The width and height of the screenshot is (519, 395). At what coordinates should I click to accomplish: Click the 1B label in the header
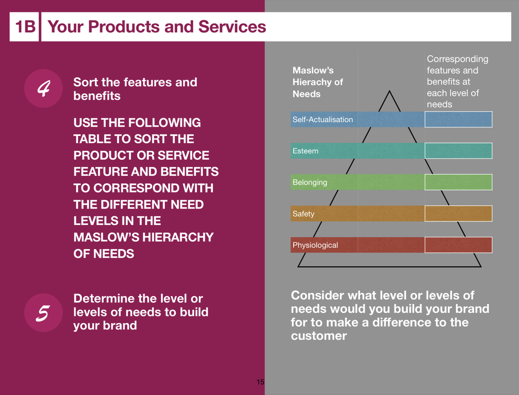click(x=25, y=27)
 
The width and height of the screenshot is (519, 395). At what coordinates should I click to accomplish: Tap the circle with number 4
click(x=43, y=88)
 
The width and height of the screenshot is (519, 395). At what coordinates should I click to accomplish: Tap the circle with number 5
click(x=43, y=312)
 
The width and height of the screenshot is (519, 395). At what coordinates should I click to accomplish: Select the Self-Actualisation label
click(x=323, y=119)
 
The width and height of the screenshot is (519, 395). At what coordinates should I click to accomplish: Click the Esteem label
click(x=306, y=151)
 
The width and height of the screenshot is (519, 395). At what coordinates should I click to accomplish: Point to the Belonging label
click(x=310, y=183)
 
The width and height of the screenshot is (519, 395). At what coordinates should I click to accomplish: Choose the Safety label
click(x=304, y=214)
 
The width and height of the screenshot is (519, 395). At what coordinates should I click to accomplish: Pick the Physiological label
click(x=315, y=245)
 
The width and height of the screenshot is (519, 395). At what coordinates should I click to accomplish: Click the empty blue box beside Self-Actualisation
click(x=459, y=119)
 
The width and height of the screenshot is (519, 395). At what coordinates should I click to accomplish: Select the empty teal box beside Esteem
click(x=459, y=151)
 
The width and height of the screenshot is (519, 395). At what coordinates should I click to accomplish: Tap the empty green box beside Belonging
click(x=459, y=182)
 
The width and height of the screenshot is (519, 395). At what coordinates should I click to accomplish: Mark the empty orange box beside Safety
click(x=459, y=214)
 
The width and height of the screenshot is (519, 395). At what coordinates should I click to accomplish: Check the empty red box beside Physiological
click(x=459, y=245)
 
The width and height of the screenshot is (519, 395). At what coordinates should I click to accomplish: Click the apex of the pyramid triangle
click(x=389, y=90)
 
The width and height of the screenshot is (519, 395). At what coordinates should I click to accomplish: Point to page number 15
click(x=260, y=382)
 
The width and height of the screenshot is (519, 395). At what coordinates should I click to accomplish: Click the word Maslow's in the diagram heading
click(x=313, y=70)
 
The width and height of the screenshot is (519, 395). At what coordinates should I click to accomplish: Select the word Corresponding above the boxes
click(x=458, y=59)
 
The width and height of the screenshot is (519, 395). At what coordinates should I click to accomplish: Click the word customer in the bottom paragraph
click(x=319, y=336)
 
